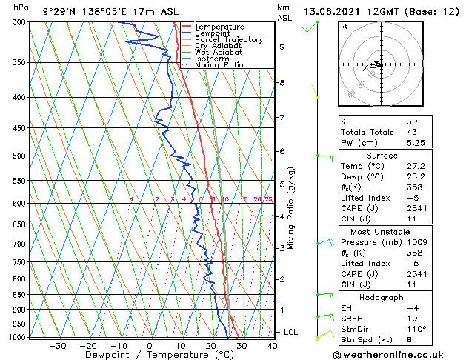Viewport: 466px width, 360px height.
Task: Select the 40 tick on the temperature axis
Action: point(272,345)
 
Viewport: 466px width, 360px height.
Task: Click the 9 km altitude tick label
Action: point(282,47)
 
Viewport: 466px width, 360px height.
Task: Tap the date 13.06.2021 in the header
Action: point(334,10)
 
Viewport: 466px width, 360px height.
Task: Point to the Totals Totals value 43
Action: point(412,132)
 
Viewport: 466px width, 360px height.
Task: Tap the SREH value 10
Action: point(411,318)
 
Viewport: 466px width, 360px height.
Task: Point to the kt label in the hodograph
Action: point(344,26)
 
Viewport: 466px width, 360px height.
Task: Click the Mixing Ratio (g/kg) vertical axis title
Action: point(292,209)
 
